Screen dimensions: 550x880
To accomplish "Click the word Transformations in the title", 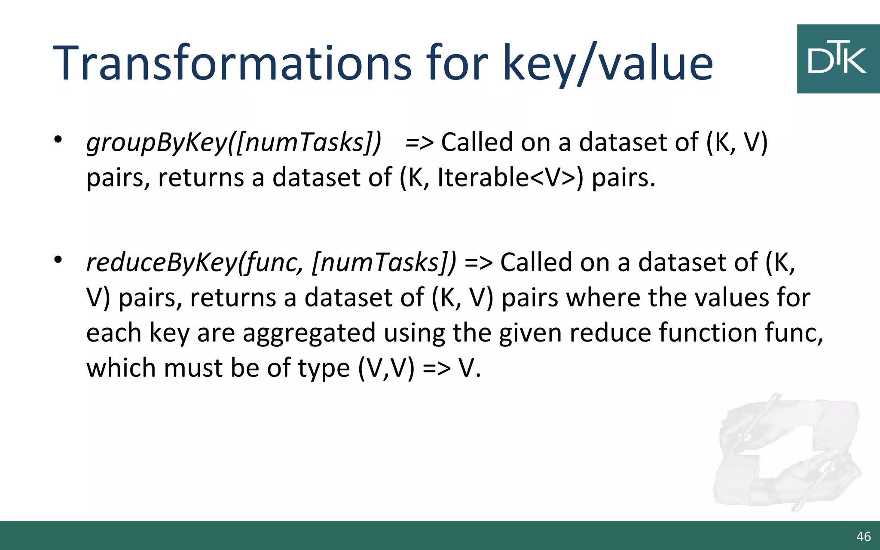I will (x=232, y=64).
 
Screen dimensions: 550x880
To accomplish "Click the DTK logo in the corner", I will (x=837, y=59).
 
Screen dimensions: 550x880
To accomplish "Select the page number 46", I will (x=863, y=536).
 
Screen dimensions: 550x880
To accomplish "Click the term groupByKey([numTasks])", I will (x=234, y=142).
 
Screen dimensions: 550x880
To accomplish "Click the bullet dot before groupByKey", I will (x=58, y=140).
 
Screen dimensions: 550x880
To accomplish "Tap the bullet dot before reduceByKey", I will (x=58, y=260).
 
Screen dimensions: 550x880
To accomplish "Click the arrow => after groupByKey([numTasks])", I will (x=419, y=143).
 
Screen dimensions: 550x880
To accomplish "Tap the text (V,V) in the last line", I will (x=386, y=368).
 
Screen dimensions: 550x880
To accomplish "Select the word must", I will (x=192, y=368).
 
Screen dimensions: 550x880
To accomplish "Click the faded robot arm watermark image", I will (x=786, y=453).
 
